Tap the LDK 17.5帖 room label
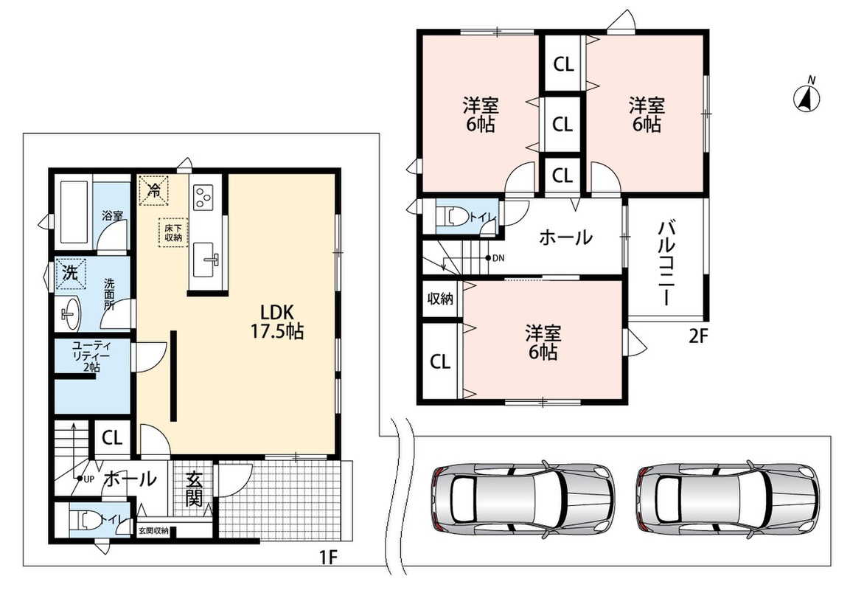(x=276, y=321)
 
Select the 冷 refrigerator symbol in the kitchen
(x=154, y=190)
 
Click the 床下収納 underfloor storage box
(x=173, y=232)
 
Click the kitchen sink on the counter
(x=206, y=259)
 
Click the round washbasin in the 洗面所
(x=70, y=313)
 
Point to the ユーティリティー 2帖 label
(x=91, y=356)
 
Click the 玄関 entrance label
(x=194, y=488)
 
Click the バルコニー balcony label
(x=666, y=263)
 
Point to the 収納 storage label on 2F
(x=439, y=298)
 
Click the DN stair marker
(x=495, y=258)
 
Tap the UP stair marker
(x=86, y=479)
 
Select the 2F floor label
(x=698, y=337)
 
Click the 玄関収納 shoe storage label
(x=153, y=531)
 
